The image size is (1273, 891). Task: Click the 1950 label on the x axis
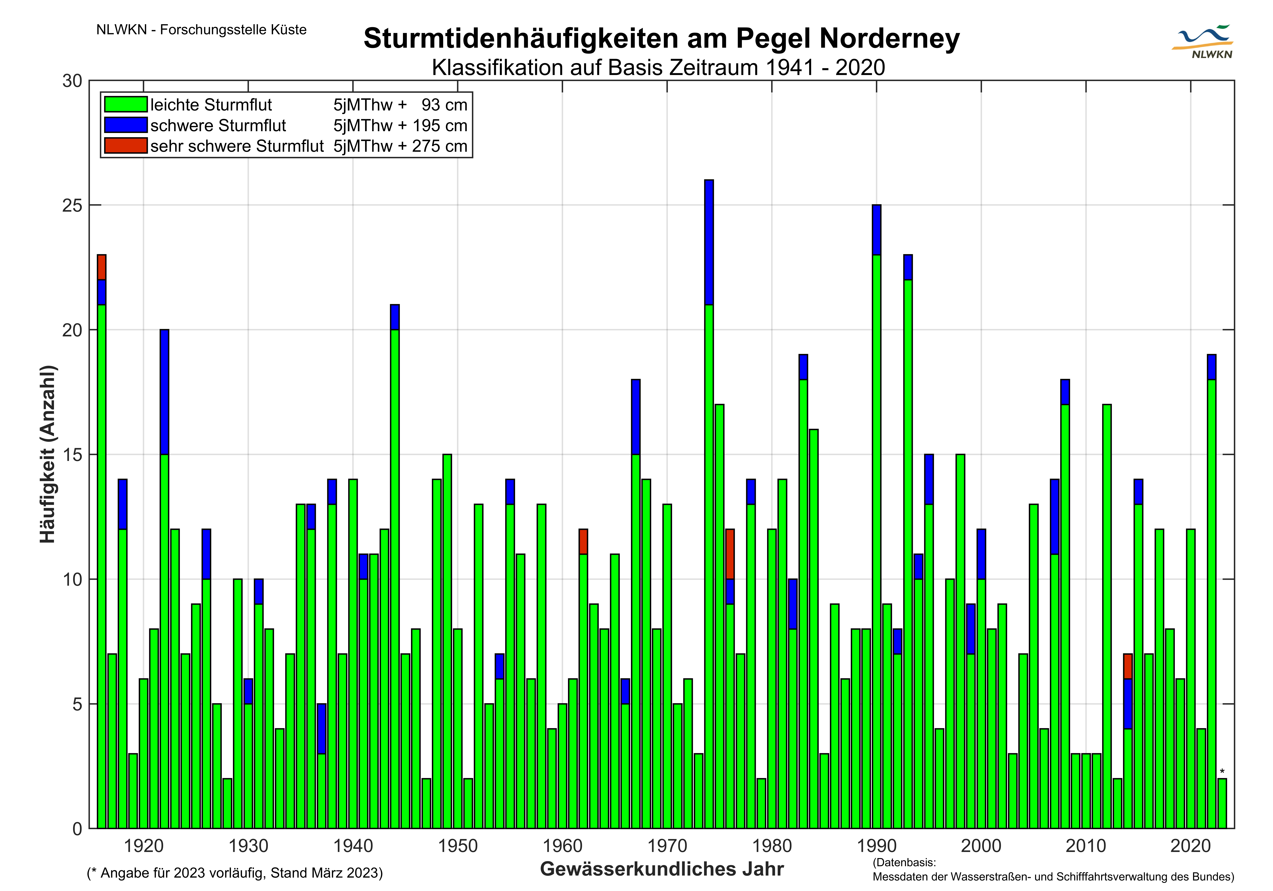pyautogui.click(x=457, y=846)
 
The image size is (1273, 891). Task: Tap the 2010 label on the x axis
pyautogui.click(x=1086, y=846)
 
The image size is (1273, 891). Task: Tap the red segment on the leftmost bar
pyautogui.click(x=102, y=267)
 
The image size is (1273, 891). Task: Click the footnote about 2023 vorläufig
pyautogui.click(x=235, y=873)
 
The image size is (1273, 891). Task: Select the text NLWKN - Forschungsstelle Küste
pyautogui.click(x=201, y=30)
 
